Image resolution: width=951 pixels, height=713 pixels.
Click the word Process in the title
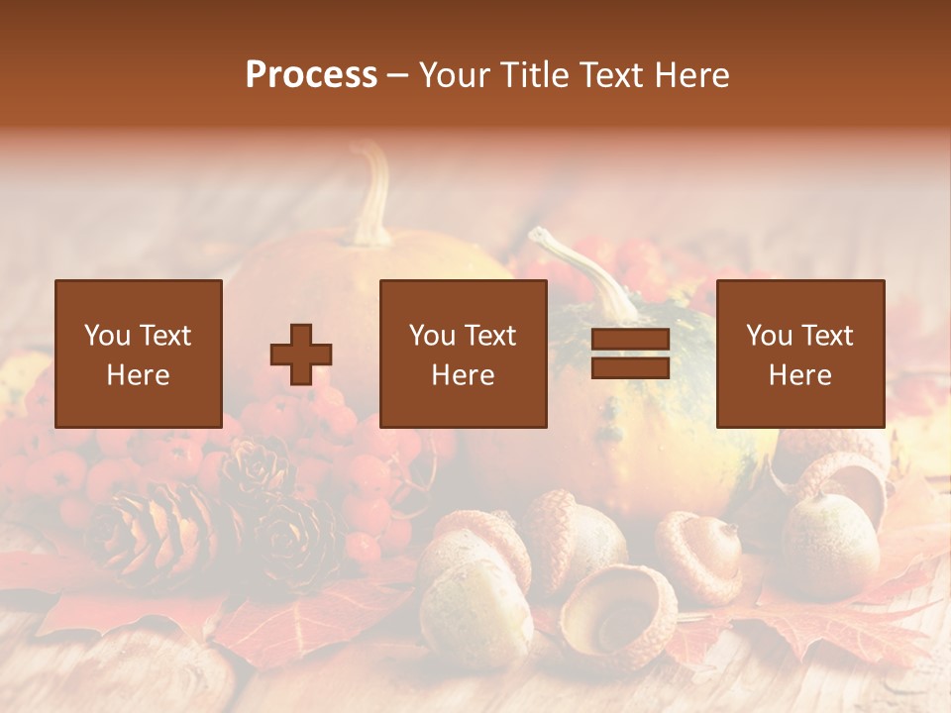[x=311, y=75]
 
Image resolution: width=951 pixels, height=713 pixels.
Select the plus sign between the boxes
[x=301, y=355]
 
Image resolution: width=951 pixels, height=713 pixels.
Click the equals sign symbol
[x=630, y=354]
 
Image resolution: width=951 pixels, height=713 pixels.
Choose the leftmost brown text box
[x=139, y=354]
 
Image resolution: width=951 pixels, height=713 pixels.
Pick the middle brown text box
[x=464, y=354]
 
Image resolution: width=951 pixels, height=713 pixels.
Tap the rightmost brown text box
[x=799, y=354]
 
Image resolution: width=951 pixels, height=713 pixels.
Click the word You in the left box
[x=107, y=336]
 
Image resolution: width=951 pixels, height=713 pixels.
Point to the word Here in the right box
[x=799, y=375]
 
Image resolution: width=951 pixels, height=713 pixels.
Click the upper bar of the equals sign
[x=630, y=340]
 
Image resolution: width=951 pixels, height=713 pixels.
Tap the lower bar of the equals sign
[x=630, y=367]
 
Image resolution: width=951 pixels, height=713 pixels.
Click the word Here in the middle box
[x=464, y=375]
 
